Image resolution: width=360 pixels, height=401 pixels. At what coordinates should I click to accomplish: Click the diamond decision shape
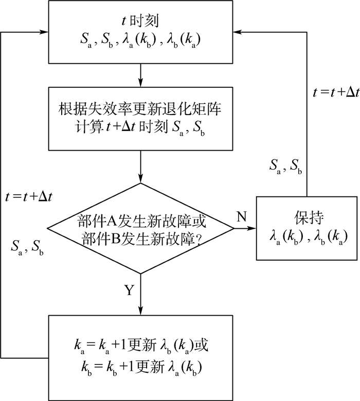tap(140, 228)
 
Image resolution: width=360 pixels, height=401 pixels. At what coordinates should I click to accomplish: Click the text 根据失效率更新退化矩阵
tap(140, 110)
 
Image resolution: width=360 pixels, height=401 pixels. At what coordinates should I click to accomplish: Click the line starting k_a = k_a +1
tap(140, 344)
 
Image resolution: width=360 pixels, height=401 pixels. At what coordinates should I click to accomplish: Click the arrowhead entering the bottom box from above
tap(140, 310)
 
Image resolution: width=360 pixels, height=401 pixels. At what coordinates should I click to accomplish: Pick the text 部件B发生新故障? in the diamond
tap(140, 238)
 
